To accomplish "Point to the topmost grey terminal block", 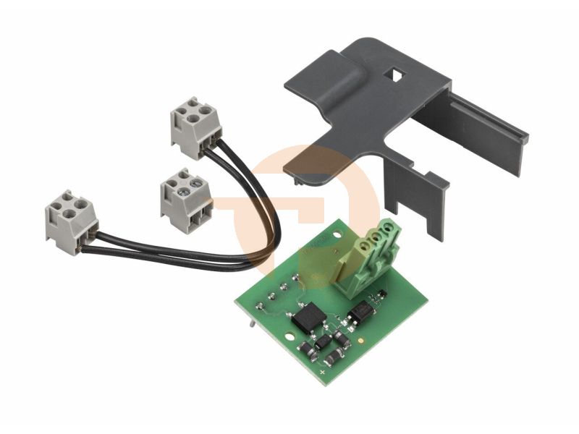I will [194, 127].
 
